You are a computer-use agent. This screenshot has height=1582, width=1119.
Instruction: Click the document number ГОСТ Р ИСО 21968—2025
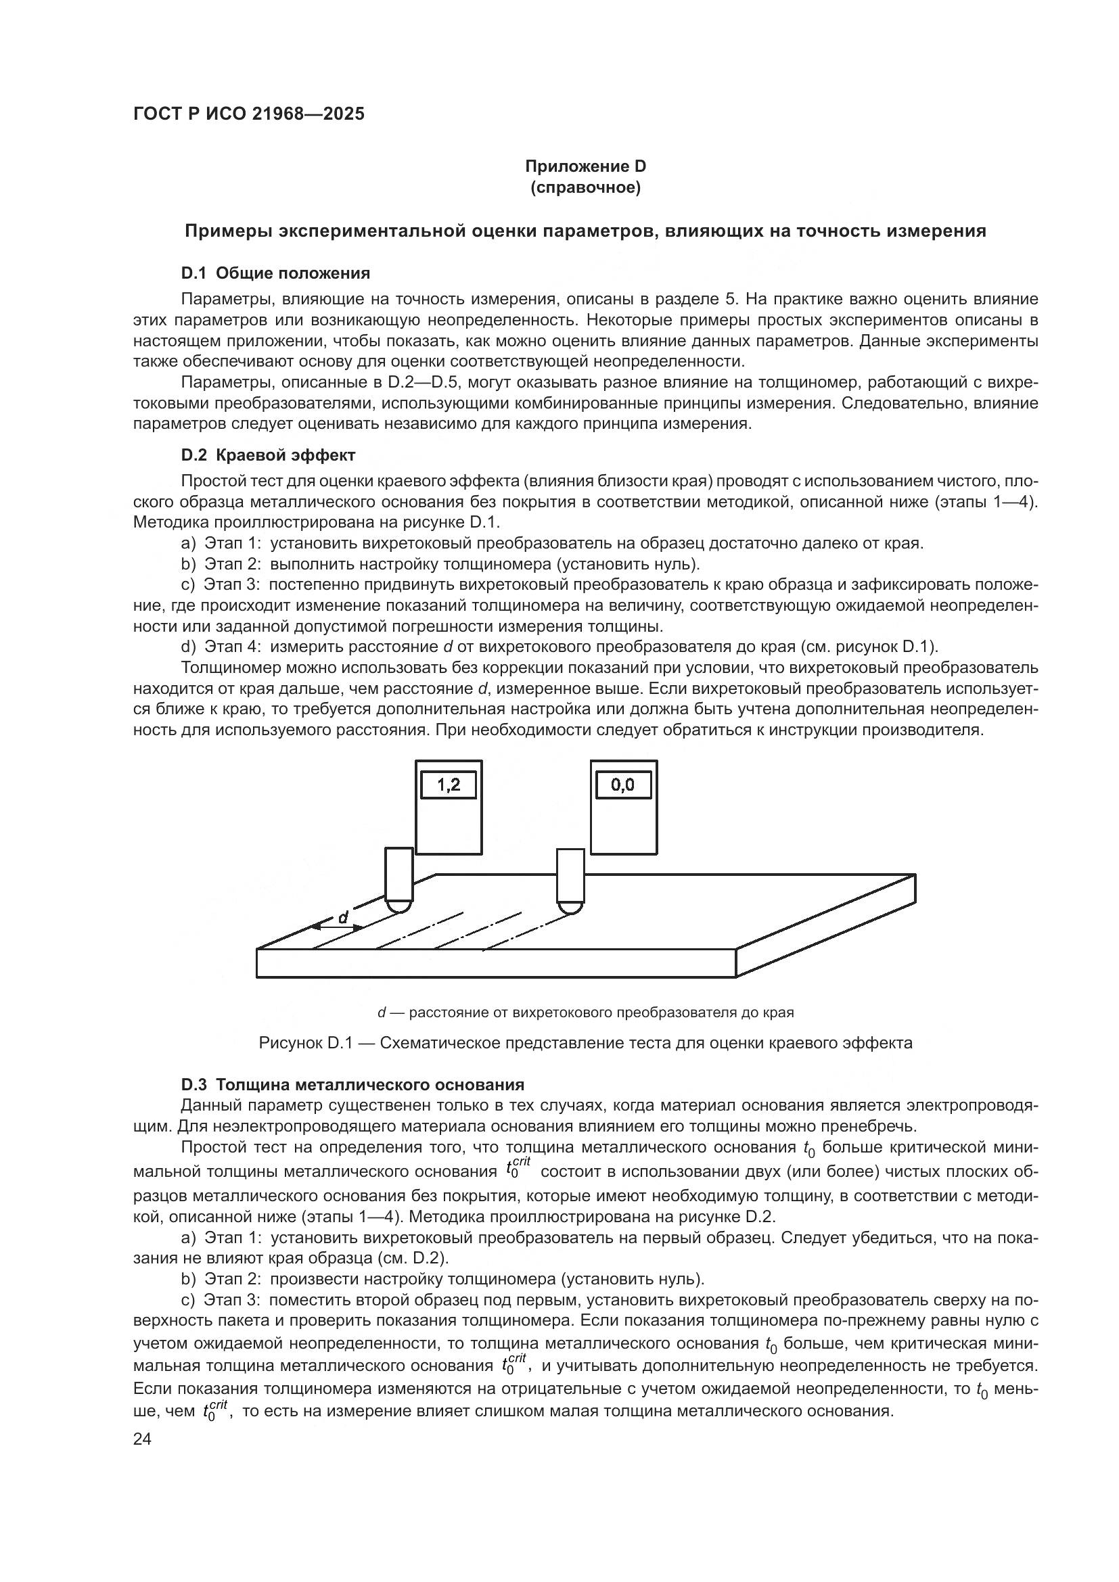pyautogui.click(x=249, y=114)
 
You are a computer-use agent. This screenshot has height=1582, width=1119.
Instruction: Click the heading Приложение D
pyautogui.click(x=585, y=166)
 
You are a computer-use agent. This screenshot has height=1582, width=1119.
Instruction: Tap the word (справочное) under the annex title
pyautogui.click(x=585, y=187)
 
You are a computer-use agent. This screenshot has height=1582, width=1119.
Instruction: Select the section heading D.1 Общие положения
pyautogui.click(x=275, y=273)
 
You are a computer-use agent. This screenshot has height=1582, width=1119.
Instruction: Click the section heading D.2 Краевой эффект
pyautogui.click(x=268, y=455)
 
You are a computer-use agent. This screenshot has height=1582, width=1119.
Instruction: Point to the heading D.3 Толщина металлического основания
pyautogui.click(x=352, y=1084)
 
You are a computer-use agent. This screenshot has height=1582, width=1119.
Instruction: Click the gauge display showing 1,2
pyautogui.click(x=448, y=785)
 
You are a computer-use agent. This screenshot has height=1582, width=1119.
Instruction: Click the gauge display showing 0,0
pyautogui.click(x=622, y=785)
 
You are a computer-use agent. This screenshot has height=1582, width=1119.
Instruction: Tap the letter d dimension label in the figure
pyautogui.click(x=342, y=917)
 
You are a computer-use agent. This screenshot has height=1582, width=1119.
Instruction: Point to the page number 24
pyautogui.click(x=143, y=1439)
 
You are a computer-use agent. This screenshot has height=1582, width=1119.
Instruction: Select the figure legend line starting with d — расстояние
pyautogui.click(x=585, y=1013)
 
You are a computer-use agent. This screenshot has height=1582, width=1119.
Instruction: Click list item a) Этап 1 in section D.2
pyautogui.click(x=551, y=544)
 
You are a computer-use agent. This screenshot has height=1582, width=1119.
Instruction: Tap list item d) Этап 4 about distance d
pyautogui.click(x=559, y=647)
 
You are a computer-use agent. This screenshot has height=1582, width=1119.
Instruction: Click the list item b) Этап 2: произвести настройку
pyautogui.click(x=442, y=1279)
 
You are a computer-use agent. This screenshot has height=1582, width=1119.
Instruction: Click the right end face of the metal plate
pyautogui.click(x=825, y=926)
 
